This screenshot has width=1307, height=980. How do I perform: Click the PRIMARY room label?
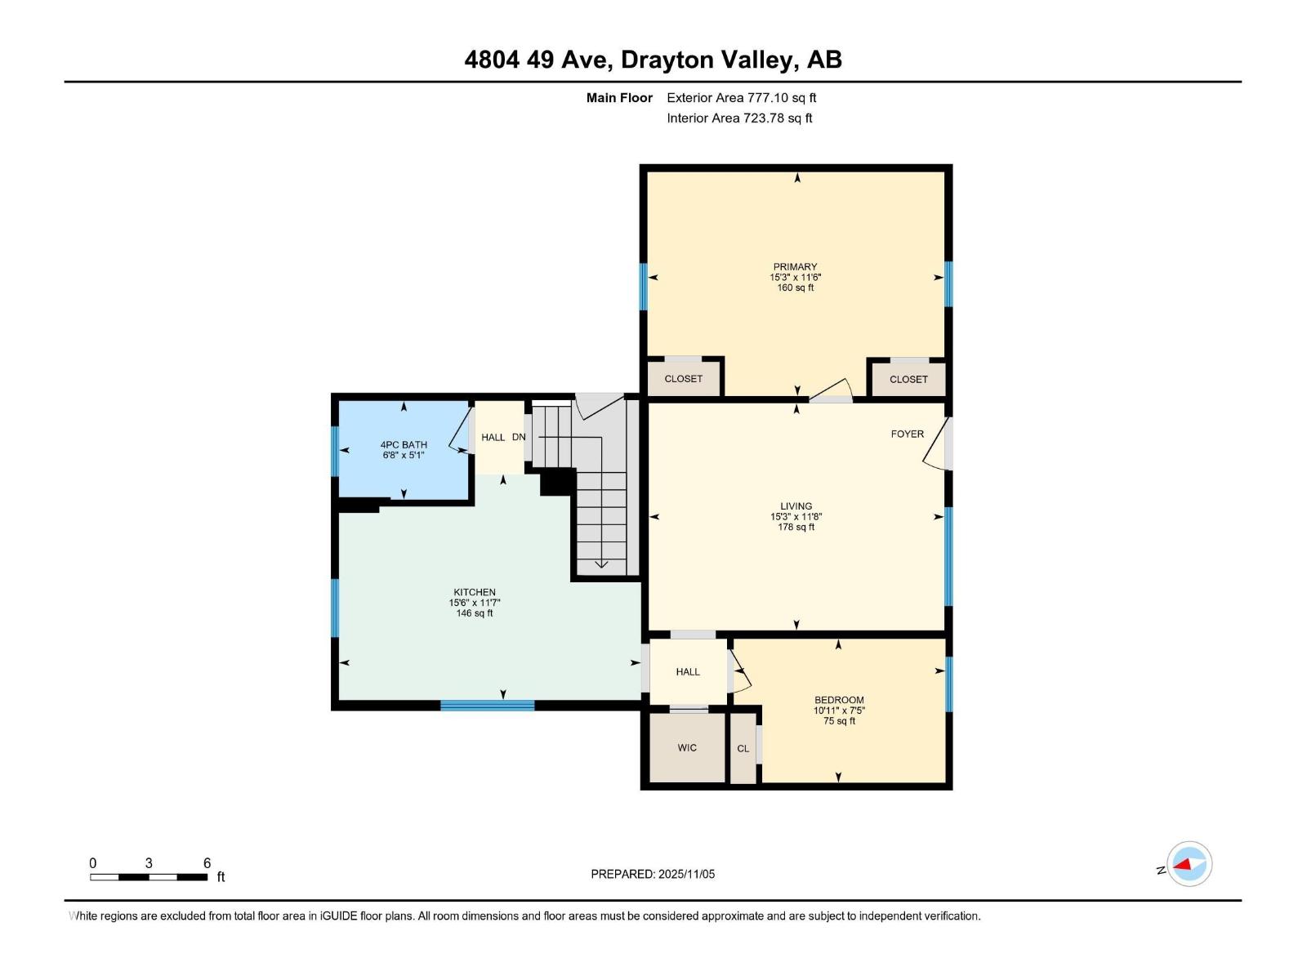pos(795,266)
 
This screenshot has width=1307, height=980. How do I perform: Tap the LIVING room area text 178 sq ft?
pos(796,528)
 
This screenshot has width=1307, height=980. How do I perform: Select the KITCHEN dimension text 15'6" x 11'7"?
pos(475,603)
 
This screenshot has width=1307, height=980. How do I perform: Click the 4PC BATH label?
pos(404,445)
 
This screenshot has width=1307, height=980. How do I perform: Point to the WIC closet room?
pos(687,748)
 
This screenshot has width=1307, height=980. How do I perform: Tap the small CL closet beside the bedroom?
pos(743,749)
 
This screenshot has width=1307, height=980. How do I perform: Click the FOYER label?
pos(907,434)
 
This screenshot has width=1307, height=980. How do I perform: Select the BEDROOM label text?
pos(839,700)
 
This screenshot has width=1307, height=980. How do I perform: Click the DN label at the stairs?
pos(519,437)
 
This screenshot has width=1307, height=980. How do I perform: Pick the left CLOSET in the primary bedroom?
pos(683,379)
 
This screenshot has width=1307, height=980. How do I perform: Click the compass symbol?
pos(1189,864)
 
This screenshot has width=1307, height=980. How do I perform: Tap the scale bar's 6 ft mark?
pos(207,864)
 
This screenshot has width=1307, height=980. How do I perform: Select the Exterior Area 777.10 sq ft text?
pos(741,98)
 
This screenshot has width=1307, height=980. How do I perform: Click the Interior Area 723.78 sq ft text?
pos(739,118)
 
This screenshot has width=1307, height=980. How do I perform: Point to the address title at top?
pos(653,60)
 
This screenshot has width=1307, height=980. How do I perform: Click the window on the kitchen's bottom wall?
pos(487,706)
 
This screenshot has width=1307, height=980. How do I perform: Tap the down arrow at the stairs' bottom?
pos(601,563)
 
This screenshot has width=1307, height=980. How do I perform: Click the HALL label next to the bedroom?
pos(688,671)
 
